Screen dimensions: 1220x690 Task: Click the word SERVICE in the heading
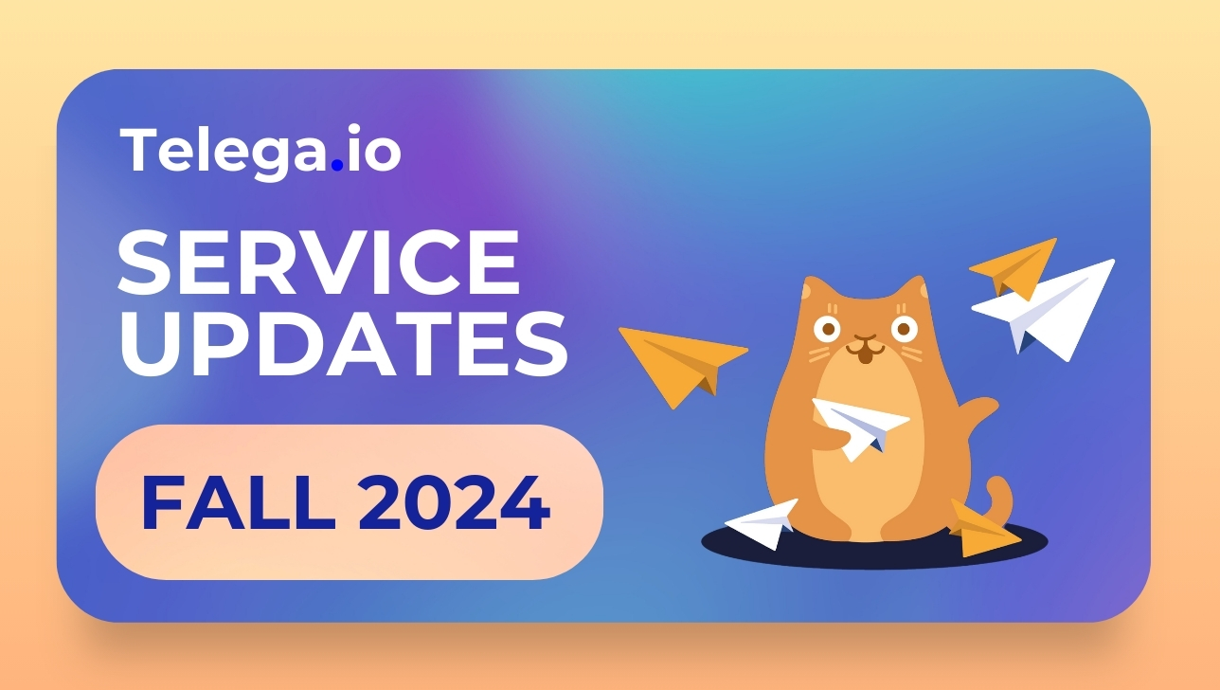pyautogui.click(x=318, y=263)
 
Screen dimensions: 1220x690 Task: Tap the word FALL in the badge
pyautogui.click(x=238, y=502)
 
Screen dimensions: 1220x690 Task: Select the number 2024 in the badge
pyautogui.click(x=454, y=502)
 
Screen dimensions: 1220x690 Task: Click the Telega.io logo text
pyautogui.click(x=260, y=151)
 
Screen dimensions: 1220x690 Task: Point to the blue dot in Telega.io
pyautogui.click(x=337, y=165)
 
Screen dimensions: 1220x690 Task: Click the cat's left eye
pyautogui.click(x=827, y=329)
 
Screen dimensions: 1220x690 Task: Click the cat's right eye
pyautogui.click(x=904, y=329)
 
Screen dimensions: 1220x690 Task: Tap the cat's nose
pyautogui.click(x=865, y=338)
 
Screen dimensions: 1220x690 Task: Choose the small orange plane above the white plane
pyautogui.click(x=1015, y=268)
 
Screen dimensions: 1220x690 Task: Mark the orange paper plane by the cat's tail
pyautogui.click(x=983, y=530)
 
